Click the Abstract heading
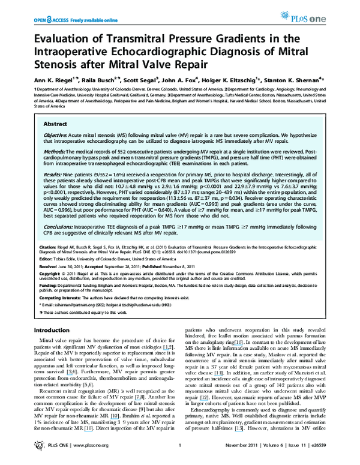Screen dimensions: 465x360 (55, 123)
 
